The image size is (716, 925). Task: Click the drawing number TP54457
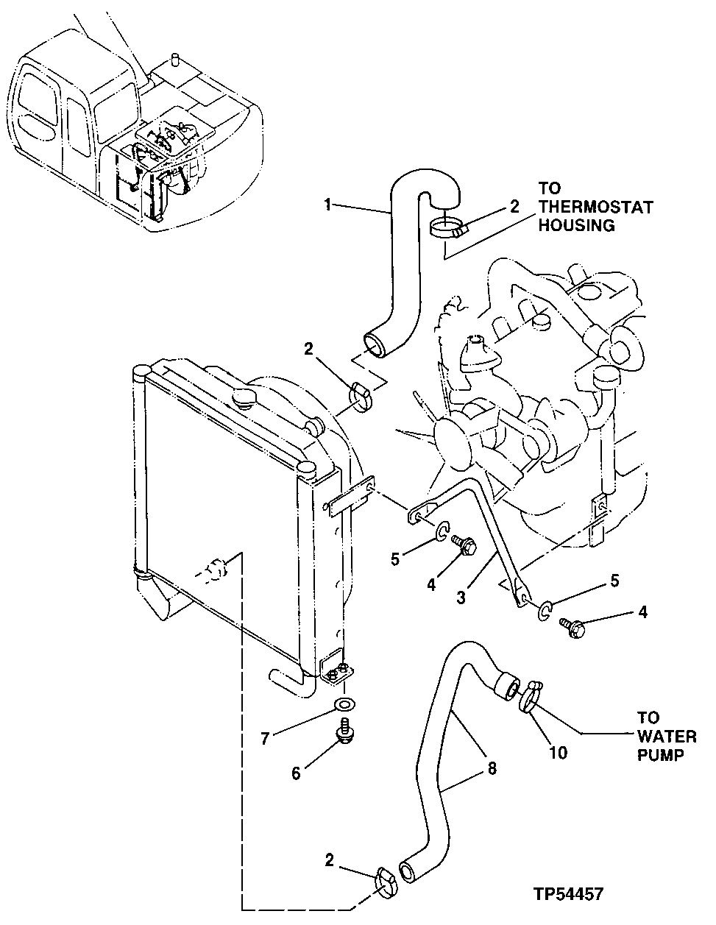click(570, 895)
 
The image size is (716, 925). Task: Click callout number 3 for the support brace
click(461, 598)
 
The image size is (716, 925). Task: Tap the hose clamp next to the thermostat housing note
click(446, 229)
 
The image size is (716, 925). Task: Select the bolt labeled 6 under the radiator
click(343, 732)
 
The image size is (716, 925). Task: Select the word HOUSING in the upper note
click(576, 227)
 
